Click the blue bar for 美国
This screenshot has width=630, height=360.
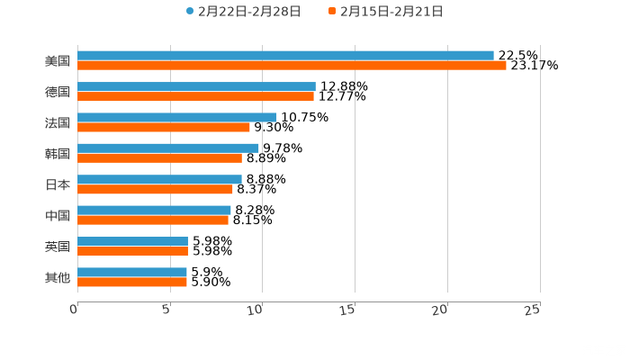point(285,56)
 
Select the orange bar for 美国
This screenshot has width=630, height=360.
point(292,66)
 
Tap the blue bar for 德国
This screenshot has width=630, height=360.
point(196,86)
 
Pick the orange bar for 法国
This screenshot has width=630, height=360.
point(164,127)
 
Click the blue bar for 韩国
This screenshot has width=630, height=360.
point(168,148)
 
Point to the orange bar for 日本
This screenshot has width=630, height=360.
point(155,189)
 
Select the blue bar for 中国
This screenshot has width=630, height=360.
point(154,210)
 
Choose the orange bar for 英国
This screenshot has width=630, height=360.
point(132,251)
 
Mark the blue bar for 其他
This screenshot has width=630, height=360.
point(132,272)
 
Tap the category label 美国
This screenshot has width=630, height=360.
point(58,61)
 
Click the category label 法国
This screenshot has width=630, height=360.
point(58,122)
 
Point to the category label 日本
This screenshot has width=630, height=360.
point(58,184)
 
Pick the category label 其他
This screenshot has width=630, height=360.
point(58,277)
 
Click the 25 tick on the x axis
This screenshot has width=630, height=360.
point(532,310)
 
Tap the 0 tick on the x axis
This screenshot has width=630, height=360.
point(74,310)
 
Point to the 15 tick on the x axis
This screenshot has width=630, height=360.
point(347,310)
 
